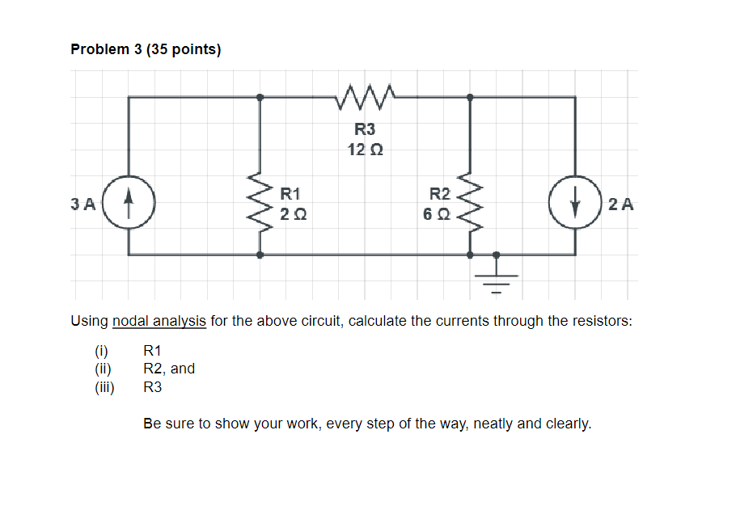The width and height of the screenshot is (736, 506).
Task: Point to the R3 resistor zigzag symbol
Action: click(x=365, y=96)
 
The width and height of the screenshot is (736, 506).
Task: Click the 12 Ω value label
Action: click(x=365, y=150)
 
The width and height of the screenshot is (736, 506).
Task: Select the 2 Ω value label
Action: click(x=293, y=214)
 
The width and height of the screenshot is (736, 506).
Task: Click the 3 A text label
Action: click(x=82, y=205)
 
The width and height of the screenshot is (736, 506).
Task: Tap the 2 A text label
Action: click(x=621, y=205)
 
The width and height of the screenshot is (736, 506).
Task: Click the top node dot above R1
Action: click(x=260, y=97)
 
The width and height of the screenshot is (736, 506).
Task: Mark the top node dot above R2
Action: click(x=470, y=97)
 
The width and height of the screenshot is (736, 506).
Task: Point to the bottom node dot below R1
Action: click(x=260, y=255)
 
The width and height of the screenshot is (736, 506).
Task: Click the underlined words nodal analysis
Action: click(x=159, y=321)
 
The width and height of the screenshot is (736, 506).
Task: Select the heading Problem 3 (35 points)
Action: click(x=146, y=49)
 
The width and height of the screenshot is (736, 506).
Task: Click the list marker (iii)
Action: click(x=104, y=387)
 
